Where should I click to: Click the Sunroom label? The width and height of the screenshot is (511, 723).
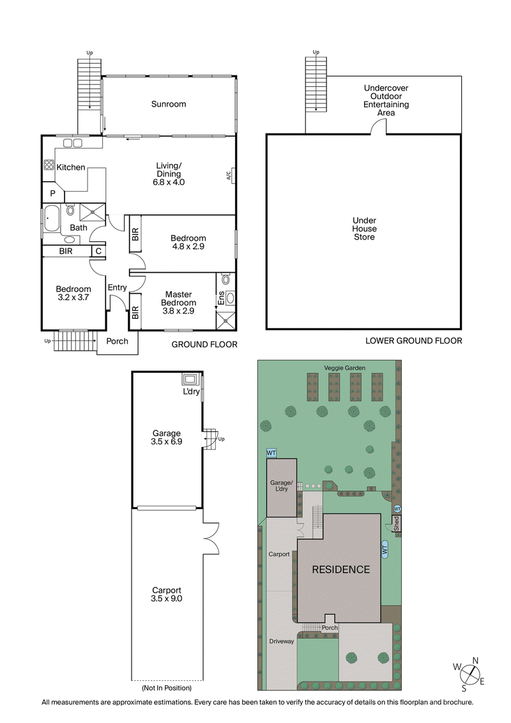click(169, 104)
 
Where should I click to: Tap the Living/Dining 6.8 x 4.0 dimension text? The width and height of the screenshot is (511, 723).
click(169, 182)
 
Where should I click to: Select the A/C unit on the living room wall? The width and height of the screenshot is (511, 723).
click(231, 176)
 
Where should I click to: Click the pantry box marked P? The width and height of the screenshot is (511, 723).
click(52, 193)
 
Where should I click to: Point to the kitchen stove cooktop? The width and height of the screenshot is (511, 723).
click(49, 165)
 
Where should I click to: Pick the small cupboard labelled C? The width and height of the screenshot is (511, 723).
click(98, 251)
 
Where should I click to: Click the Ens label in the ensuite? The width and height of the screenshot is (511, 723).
click(221, 297)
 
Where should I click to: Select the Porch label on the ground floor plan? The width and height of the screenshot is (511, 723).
click(117, 341)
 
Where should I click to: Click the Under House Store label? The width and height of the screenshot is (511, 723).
click(364, 229)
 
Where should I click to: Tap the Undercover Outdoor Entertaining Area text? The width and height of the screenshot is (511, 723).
click(386, 100)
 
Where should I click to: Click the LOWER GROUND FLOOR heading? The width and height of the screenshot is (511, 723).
click(413, 341)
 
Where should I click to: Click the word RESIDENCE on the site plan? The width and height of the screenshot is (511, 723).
click(340, 570)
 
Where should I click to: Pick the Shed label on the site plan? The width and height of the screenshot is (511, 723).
click(396, 523)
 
